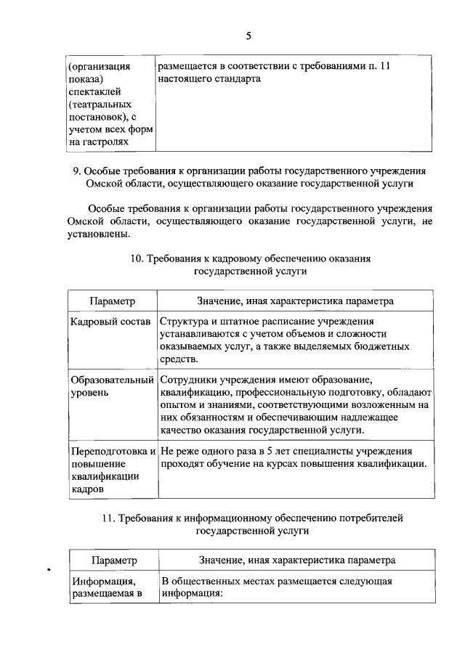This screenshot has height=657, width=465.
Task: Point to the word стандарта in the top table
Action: click(x=238, y=78)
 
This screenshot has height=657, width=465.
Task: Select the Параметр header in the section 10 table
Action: click(x=113, y=300)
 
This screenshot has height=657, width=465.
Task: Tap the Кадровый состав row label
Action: click(x=110, y=321)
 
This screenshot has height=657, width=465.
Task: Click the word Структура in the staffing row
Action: click(x=185, y=321)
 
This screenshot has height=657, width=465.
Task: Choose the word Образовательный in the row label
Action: click(x=113, y=380)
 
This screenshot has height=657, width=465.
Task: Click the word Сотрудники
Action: click(x=192, y=380)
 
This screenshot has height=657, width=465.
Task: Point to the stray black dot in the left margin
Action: click(x=48, y=569)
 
